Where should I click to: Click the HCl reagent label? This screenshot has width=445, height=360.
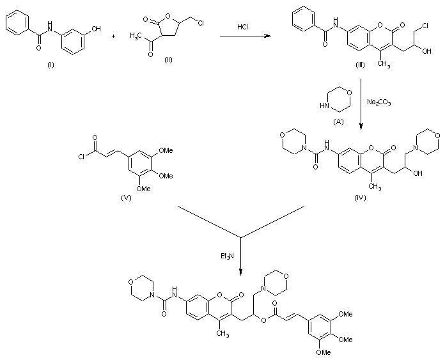[243, 27]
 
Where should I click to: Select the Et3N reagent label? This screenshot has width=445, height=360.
[227, 257]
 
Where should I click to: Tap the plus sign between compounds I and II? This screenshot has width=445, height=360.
[114, 36]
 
